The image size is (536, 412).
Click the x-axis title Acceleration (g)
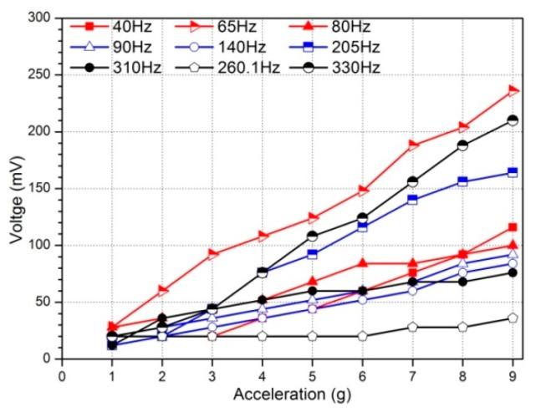(x=292, y=394)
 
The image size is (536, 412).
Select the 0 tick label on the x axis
(x=61, y=374)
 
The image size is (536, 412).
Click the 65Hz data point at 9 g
(x=513, y=90)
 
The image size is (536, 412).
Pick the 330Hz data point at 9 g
(x=513, y=120)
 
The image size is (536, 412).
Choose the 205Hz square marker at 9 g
(x=513, y=172)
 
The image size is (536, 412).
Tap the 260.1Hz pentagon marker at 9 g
(x=513, y=318)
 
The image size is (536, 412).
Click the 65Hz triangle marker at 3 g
(x=212, y=254)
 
